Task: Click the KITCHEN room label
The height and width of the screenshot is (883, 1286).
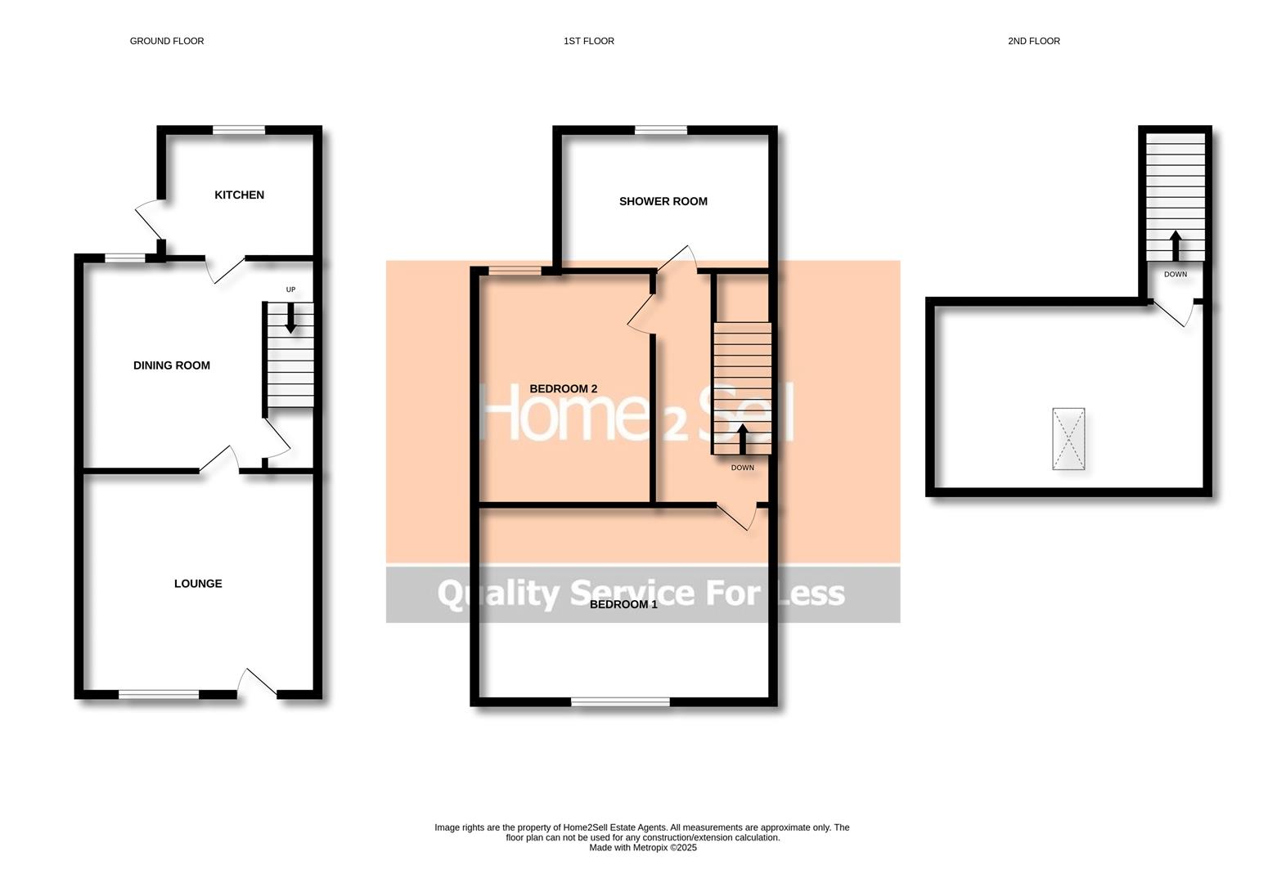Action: (239, 195)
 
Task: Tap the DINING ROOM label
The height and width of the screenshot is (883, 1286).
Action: (171, 365)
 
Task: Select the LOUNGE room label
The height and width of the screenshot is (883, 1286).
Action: (198, 584)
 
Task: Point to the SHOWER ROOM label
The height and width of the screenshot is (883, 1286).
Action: (663, 201)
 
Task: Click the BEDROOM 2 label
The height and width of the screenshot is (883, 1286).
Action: (563, 388)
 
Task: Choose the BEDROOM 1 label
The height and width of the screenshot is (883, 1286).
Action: (623, 604)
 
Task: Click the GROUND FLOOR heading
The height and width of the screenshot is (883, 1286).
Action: (167, 41)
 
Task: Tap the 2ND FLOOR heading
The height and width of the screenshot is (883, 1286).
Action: (1033, 41)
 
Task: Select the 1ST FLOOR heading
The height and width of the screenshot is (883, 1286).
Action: (588, 41)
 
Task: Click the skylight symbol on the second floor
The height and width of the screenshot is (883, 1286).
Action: (1068, 439)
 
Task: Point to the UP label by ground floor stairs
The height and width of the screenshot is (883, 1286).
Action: (290, 289)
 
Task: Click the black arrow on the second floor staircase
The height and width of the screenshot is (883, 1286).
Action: (1175, 244)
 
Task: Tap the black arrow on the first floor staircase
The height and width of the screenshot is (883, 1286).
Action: (742, 438)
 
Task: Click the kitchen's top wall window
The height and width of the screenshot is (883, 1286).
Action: (239, 129)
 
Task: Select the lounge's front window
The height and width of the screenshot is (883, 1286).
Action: (159, 695)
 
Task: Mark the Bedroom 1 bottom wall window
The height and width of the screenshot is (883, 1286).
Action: (620, 701)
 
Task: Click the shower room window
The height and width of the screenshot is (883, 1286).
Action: (661, 129)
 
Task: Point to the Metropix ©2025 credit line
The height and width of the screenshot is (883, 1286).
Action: (642, 848)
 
